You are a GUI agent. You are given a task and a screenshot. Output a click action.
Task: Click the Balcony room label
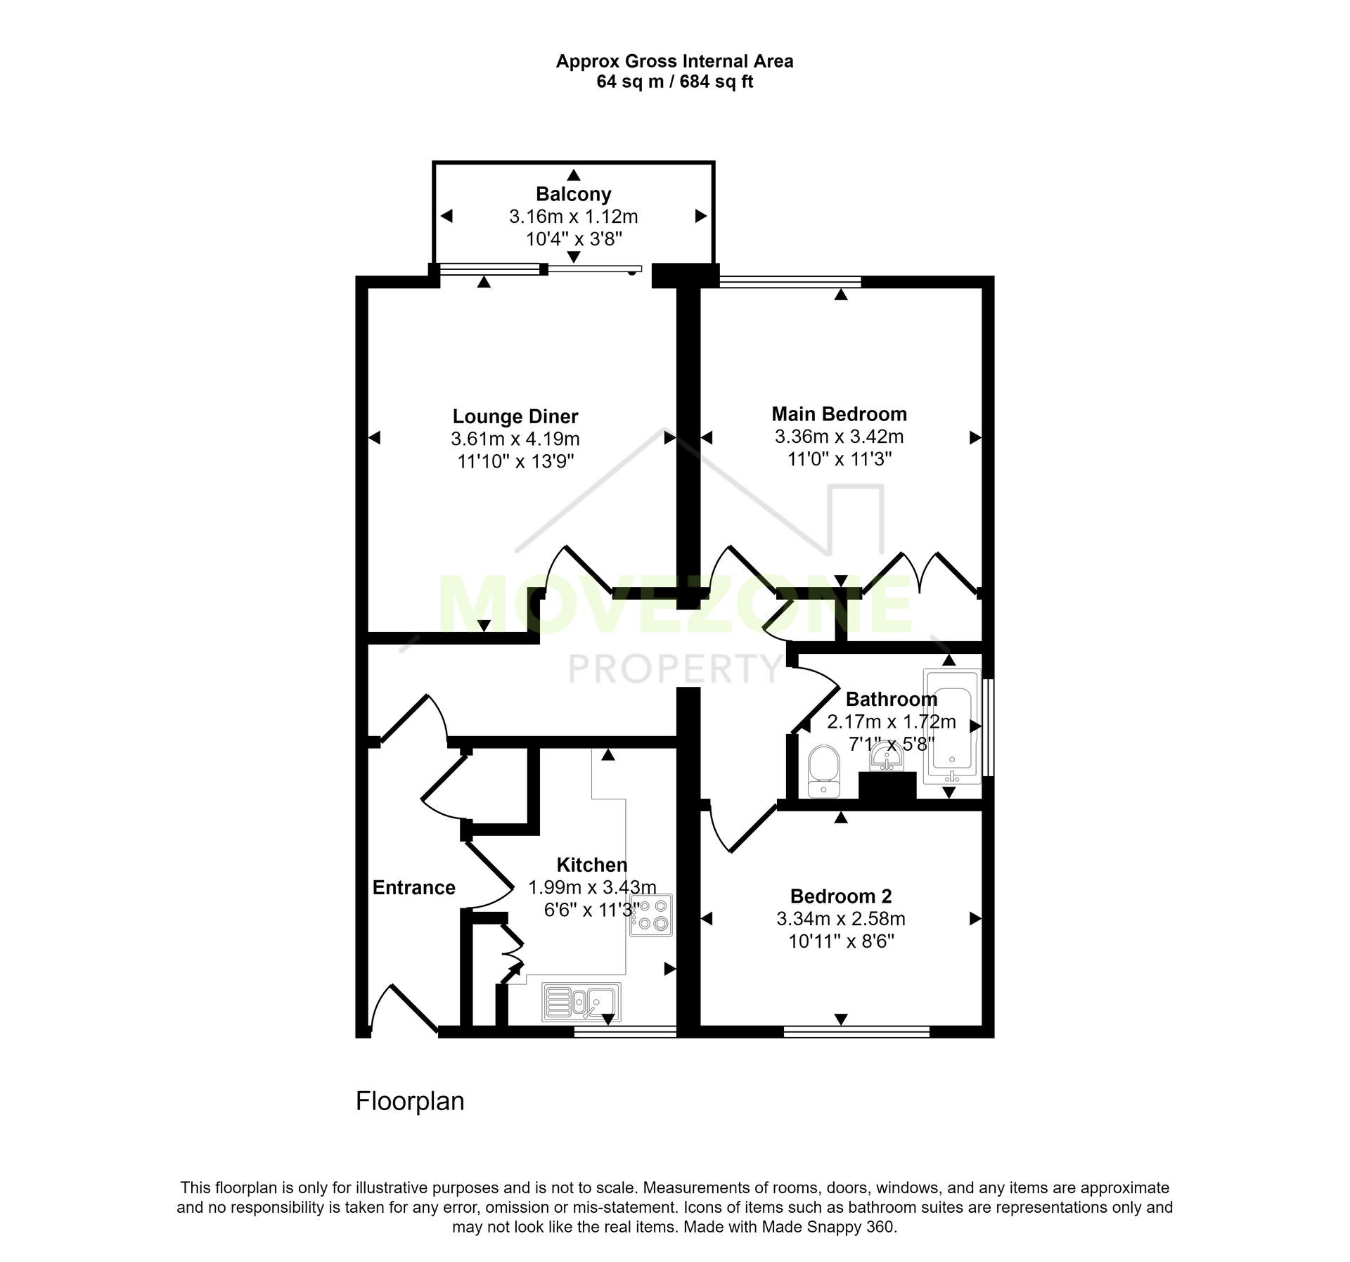574,194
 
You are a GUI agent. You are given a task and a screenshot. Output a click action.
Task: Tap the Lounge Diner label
515,417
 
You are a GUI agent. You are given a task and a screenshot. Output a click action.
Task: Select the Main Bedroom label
840,414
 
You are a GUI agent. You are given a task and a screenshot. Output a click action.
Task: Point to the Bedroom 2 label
841,896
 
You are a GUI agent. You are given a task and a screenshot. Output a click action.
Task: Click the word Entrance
414,888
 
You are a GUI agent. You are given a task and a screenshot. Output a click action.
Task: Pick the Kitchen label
592,865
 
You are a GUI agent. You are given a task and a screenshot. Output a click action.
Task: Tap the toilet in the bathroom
823,771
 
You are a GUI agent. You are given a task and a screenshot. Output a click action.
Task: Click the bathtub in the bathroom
952,726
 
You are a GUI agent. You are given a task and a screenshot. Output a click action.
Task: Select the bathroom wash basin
887,757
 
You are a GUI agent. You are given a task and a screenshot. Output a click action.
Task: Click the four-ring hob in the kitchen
651,915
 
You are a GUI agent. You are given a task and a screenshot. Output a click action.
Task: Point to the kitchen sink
581,1002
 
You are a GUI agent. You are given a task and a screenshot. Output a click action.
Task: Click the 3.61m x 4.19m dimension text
515,439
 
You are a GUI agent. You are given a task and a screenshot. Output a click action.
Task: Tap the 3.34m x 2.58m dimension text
841,919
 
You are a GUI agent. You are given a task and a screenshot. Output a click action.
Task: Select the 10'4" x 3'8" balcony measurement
574,239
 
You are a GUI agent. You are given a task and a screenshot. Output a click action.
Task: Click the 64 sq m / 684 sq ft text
675,82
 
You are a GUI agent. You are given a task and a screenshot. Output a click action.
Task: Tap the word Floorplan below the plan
410,1102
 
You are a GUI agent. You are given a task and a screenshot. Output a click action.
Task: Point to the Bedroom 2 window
856,1031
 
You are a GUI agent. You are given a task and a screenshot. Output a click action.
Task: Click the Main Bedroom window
790,282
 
